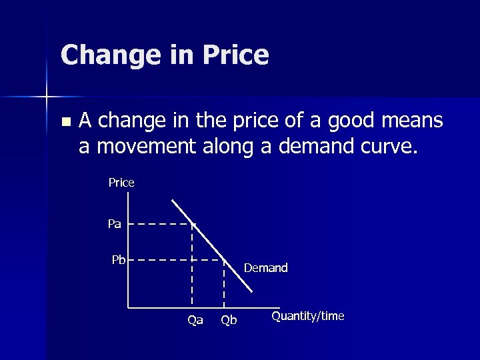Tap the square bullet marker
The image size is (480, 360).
click(x=64, y=122)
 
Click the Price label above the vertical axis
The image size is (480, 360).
click(x=121, y=182)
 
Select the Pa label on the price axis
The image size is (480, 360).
click(x=115, y=224)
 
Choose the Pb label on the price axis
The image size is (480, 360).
click(x=119, y=259)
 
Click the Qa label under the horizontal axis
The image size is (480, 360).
click(x=195, y=320)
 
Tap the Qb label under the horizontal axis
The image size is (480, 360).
click(x=229, y=320)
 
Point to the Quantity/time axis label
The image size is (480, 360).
click(x=307, y=316)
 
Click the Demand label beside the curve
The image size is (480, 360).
click(x=266, y=268)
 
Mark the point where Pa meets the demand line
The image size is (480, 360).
click(x=193, y=224)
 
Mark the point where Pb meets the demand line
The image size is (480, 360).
click(x=223, y=259)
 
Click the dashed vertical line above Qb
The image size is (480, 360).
click(x=223, y=283)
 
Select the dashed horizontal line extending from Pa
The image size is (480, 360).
click(x=160, y=224)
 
